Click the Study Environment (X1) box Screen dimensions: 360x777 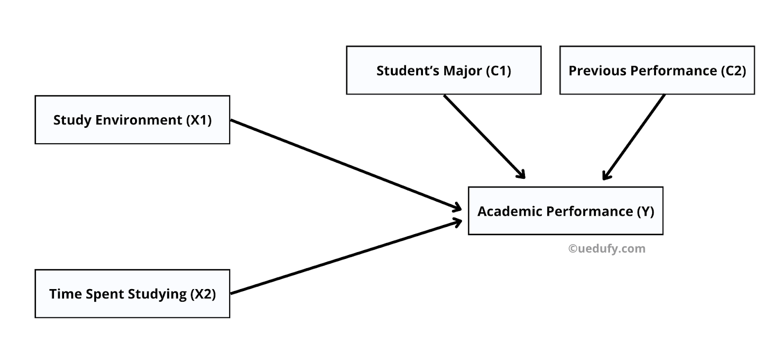tap(132, 120)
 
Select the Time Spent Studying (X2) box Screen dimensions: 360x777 tap(132, 293)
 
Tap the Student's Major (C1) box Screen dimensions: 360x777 tap(443, 70)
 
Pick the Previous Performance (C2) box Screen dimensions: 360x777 tap(657, 70)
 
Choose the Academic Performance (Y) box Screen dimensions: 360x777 tap(565, 211)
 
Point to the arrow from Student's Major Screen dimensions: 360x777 tap(484, 136)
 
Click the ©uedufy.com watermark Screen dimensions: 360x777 tap(607, 249)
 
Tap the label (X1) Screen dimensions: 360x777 tap(199, 120)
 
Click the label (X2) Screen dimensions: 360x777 tap(203, 294)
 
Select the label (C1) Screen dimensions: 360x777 tap(498, 71)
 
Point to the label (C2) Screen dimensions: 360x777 tap(733, 71)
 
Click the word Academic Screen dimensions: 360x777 tap(509, 211)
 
